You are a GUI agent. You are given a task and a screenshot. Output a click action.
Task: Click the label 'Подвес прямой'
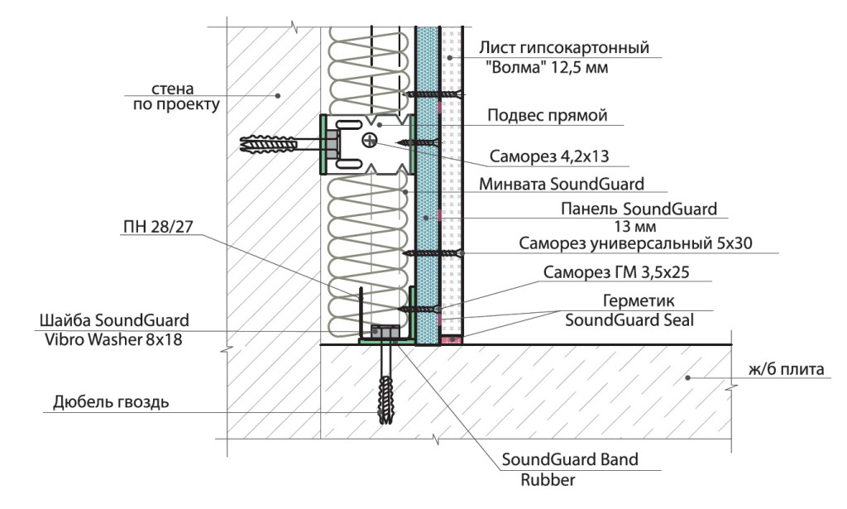coord(548,116)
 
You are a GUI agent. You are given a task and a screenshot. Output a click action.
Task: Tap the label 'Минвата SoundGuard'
coord(562,183)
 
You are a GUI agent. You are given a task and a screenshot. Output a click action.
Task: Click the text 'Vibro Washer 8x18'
coord(114,338)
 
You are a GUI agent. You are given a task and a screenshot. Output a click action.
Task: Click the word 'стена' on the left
coord(173,89)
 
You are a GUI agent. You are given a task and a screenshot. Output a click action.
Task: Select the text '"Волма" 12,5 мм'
coord(558,68)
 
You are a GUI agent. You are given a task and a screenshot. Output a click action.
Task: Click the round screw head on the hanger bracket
coord(369,141)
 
